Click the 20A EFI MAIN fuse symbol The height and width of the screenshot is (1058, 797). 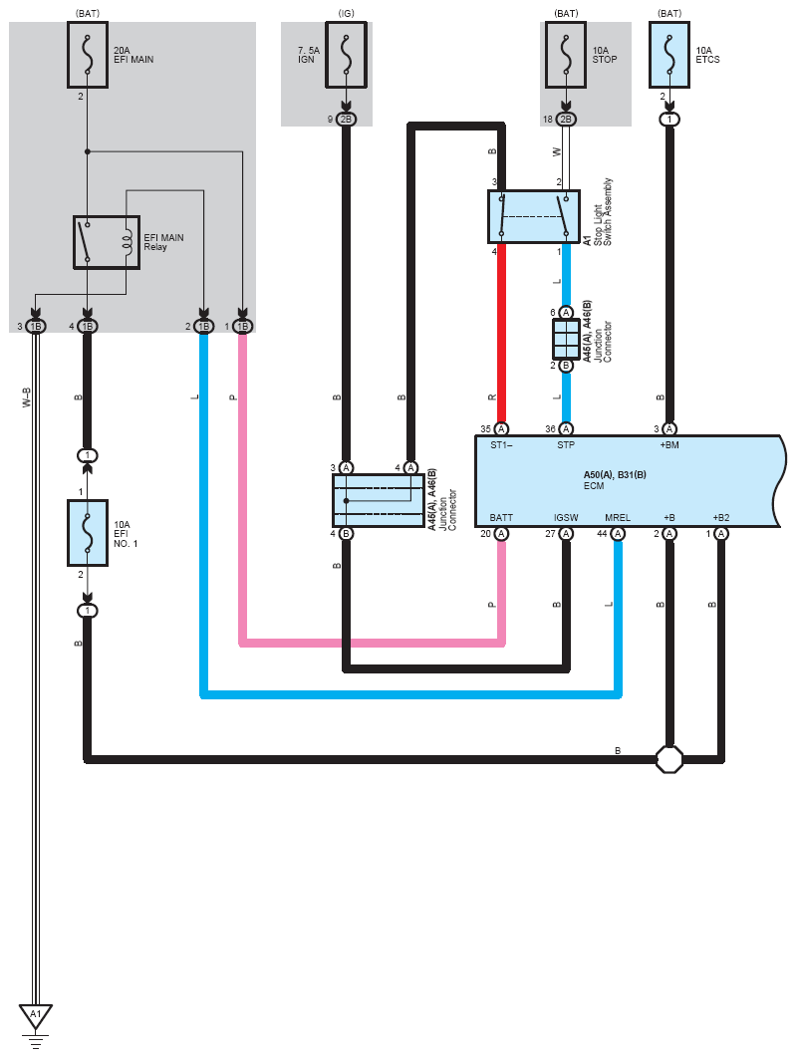pos(87,55)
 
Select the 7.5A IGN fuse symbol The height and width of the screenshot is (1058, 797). pos(346,55)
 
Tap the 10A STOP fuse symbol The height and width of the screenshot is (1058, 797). pos(566,55)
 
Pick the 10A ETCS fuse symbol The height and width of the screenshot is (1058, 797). pos(669,55)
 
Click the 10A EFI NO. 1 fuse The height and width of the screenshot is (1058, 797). pos(87,532)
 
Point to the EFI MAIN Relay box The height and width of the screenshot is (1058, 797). pos(107,242)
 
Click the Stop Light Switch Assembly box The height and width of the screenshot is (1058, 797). pos(534,216)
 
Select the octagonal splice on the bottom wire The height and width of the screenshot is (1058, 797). pos(669,759)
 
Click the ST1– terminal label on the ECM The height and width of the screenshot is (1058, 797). pos(501,445)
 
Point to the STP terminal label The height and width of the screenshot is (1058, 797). pos(566,445)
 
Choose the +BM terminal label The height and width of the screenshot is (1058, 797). pos(668,445)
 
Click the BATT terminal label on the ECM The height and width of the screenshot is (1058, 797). pos(501,517)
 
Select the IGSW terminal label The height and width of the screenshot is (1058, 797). pos(566,517)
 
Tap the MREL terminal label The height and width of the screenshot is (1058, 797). pos(618,517)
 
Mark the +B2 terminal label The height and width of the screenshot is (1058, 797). pos(720,517)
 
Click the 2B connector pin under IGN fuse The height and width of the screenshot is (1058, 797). pos(346,120)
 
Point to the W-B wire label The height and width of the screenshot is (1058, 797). pos(27,397)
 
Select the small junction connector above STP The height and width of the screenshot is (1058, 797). pos(566,339)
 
